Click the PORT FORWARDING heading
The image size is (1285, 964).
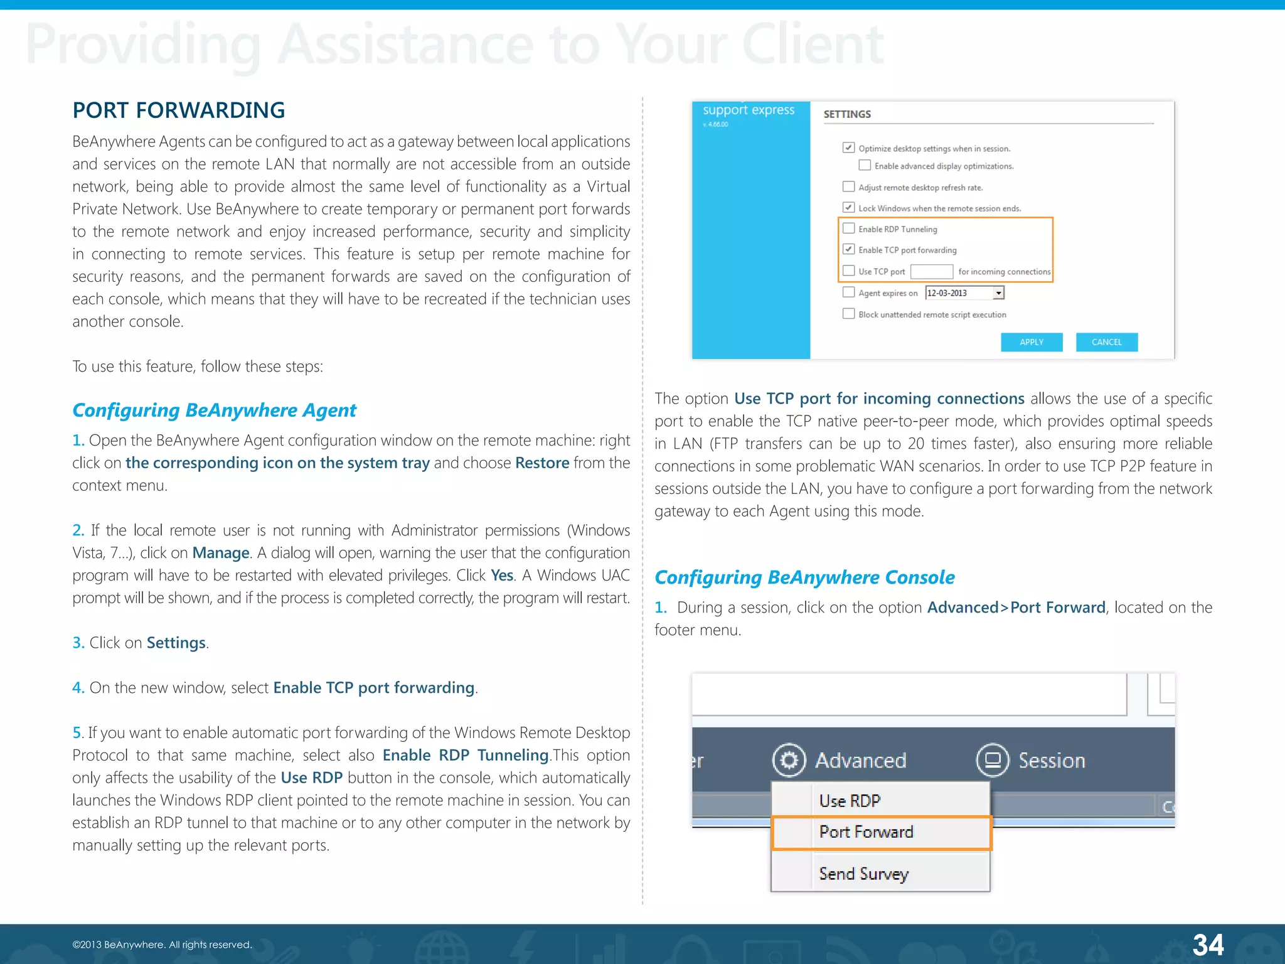(x=178, y=110)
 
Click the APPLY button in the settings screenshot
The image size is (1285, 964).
(x=1031, y=342)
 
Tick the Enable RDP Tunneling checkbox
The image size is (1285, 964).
(x=848, y=228)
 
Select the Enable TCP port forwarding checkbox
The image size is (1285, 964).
(x=848, y=249)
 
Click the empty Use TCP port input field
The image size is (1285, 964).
(x=931, y=271)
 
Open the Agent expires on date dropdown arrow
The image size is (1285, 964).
(x=998, y=293)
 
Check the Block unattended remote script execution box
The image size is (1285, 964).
(x=848, y=314)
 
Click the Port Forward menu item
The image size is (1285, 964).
(x=866, y=832)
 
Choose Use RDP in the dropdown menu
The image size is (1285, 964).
(x=850, y=801)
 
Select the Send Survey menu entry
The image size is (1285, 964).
(x=863, y=874)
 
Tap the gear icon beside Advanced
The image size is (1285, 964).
(x=789, y=761)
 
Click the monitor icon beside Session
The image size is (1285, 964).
(x=992, y=761)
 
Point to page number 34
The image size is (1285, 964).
(x=1208, y=945)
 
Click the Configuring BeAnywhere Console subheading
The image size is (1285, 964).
(x=804, y=577)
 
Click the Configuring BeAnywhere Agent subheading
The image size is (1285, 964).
(x=214, y=410)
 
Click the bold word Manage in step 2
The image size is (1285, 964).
(x=221, y=553)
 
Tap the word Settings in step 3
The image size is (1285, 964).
(x=176, y=643)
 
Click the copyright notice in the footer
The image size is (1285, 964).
(x=162, y=945)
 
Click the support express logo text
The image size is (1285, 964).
(x=748, y=110)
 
